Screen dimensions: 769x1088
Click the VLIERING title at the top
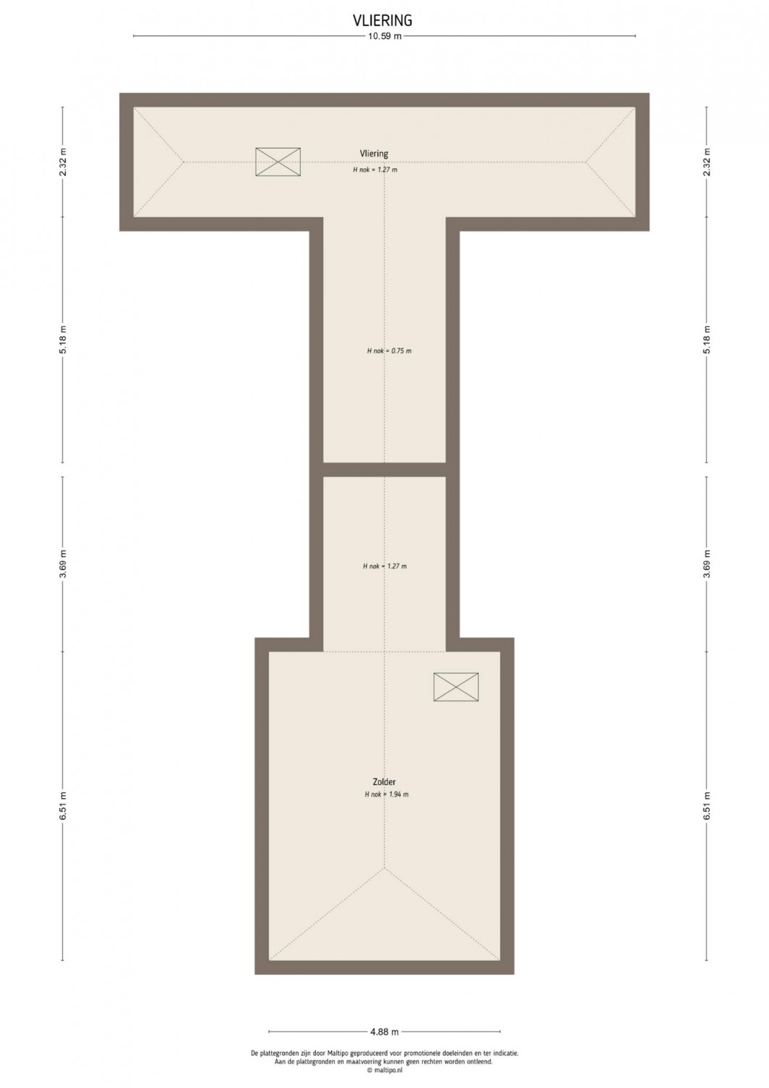pyautogui.click(x=383, y=20)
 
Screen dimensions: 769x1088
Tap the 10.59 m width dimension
pyautogui.click(x=384, y=36)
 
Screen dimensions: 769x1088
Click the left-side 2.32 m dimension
pyautogui.click(x=63, y=162)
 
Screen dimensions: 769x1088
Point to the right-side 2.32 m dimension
pyautogui.click(x=707, y=162)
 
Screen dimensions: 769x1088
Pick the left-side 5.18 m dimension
pyautogui.click(x=63, y=339)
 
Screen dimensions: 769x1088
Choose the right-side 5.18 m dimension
pyautogui.click(x=707, y=339)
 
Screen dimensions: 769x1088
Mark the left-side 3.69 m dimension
pyautogui.click(x=63, y=564)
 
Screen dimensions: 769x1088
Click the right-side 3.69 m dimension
pyautogui.click(x=707, y=564)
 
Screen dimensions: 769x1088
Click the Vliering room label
pyautogui.click(x=374, y=154)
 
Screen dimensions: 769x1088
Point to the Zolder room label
pyautogui.click(x=384, y=781)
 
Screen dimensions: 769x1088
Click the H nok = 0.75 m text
pyautogui.click(x=389, y=350)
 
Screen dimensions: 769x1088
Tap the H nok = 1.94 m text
pyautogui.click(x=386, y=794)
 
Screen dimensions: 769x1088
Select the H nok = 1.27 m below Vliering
pyautogui.click(x=375, y=170)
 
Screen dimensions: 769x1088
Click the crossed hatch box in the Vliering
pyautogui.click(x=278, y=162)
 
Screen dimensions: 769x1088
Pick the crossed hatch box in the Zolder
pyautogui.click(x=456, y=687)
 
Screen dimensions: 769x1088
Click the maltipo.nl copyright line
pyautogui.click(x=384, y=1070)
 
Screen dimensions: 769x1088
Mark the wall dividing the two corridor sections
pyautogui.click(x=384, y=470)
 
